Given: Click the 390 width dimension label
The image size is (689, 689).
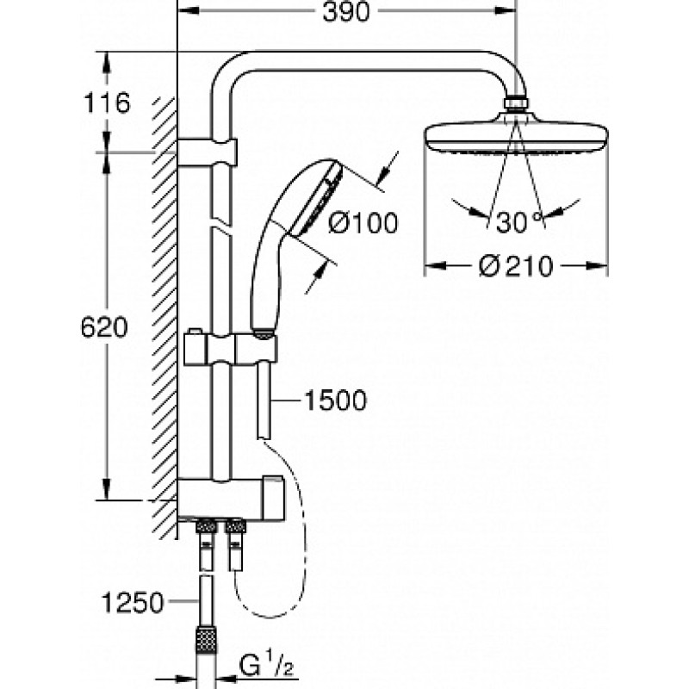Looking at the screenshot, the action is tap(346, 12).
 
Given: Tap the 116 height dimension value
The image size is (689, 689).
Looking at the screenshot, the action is tap(107, 103).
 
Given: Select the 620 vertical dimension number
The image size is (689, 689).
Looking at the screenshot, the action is tap(104, 327).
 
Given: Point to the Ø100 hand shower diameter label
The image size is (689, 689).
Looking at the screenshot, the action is tap(363, 223).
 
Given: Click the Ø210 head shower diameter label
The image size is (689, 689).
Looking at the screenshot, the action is tap(516, 266).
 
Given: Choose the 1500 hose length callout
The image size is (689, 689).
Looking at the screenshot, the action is tap(335, 400).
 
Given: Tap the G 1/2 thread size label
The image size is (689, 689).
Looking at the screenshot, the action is tap(266, 667).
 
